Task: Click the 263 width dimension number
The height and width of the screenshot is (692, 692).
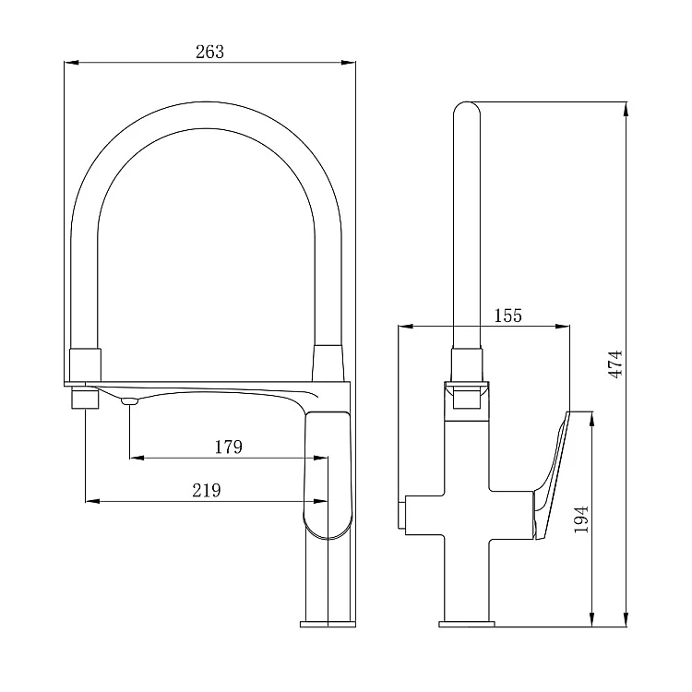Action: pos(209,52)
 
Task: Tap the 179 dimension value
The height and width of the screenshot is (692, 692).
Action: pos(228,447)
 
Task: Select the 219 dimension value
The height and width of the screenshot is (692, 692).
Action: pos(207,490)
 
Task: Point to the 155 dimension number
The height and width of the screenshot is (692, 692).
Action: pos(507,316)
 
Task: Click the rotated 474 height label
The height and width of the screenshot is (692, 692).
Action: pos(615,364)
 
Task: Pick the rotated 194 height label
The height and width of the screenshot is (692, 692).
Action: pos(581,519)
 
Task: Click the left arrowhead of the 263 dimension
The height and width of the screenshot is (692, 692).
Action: pos(71,63)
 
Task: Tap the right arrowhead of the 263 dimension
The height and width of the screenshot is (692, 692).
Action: pos(348,63)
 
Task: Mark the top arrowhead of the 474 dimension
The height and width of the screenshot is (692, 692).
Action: pos(626,110)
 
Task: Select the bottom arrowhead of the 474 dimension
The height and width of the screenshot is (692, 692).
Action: pos(626,619)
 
